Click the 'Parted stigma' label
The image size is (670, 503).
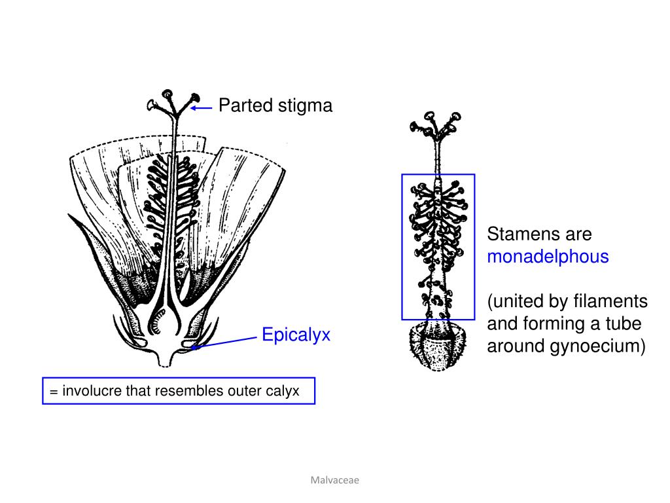click(275, 105)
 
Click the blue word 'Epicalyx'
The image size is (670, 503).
click(296, 335)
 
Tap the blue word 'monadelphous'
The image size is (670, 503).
click(548, 257)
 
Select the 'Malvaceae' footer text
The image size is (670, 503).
click(335, 480)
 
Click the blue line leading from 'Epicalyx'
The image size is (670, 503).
click(226, 341)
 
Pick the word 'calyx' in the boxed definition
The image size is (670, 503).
click(282, 391)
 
